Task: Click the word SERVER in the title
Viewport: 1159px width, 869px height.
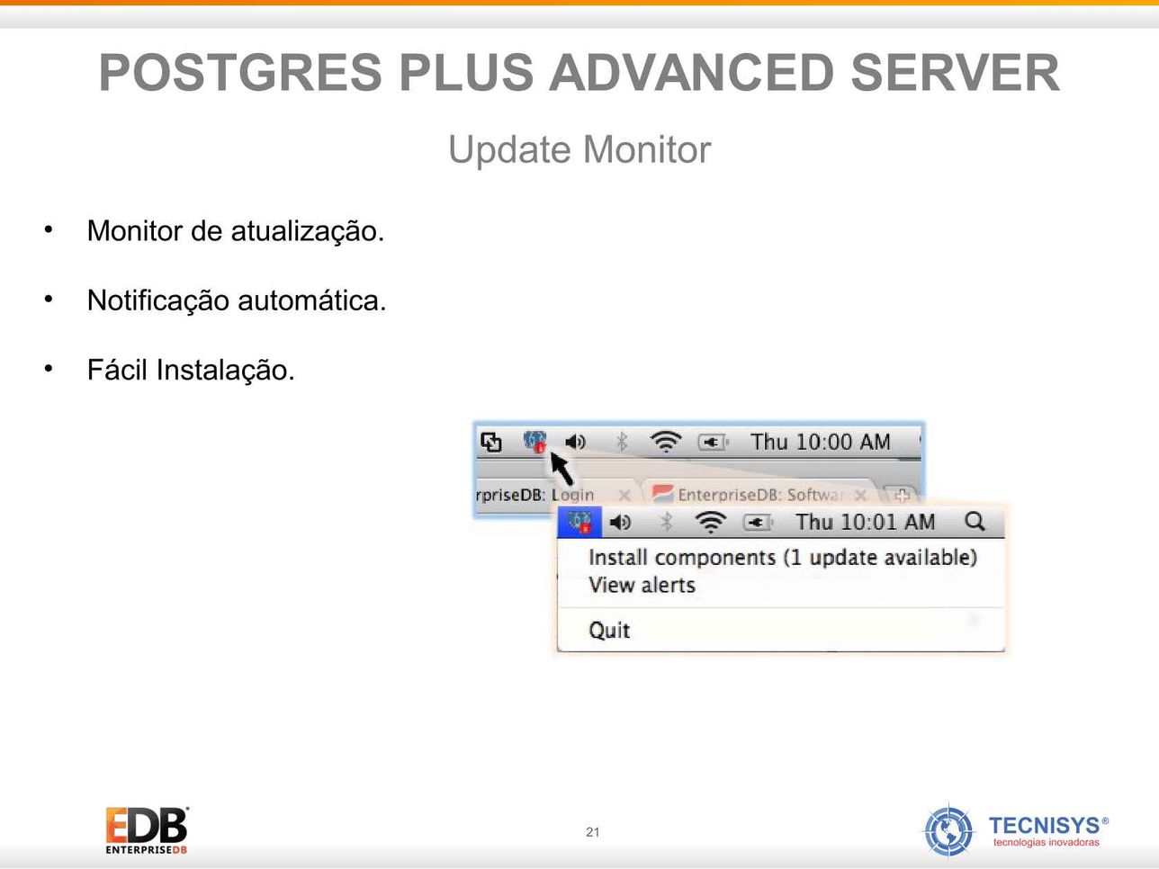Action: coord(955,72)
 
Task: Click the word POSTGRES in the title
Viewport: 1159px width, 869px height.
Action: coord(240,72)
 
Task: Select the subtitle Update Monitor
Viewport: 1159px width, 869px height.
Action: coord(579,150)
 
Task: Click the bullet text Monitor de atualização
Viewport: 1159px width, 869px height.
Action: coord(236,230)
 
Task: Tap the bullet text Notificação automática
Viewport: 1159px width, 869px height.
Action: coord(237,300)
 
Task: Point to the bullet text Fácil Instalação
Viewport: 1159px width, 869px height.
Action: coord(191,370)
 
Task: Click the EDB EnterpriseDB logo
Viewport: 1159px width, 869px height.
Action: coord(147,830)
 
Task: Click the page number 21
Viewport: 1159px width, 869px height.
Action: coord(592,832)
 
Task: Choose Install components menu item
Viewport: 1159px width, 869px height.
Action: coord(783,558)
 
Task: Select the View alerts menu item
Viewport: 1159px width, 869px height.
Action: coord(642,585)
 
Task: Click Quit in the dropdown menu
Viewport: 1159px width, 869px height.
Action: coord(609,630)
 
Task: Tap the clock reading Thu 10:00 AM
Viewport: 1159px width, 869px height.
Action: coord(820,443)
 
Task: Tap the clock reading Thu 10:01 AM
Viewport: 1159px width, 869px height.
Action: coord(865,523)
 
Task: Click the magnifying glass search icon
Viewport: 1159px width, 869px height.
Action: coord(975,522)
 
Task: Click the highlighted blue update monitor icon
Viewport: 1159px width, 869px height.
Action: coord(579,522)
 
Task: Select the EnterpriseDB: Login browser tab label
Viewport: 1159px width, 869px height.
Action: coord(535,495)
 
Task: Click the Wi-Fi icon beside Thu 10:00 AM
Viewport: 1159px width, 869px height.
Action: coord(666,442)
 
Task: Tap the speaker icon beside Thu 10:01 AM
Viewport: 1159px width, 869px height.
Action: coord(620,523)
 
